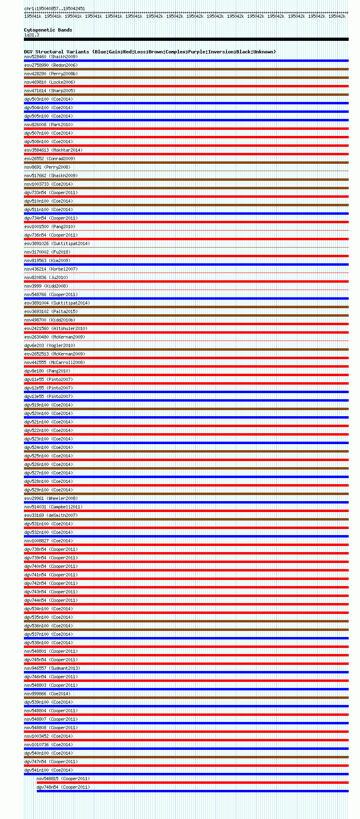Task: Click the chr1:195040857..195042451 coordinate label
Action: coord(55,8)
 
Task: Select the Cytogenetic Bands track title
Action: coord(48,30)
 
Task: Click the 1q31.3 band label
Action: coord(32,35)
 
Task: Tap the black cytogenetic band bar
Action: coord(186,39)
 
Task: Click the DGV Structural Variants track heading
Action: coord(150,52)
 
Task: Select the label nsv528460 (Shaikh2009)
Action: coord(51,57)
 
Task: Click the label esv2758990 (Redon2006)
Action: coord(51,65)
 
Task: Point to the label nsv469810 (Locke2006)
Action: coord(50,82)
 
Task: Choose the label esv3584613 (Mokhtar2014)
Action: coord(53,150)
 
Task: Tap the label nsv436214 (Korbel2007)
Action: coord(51,269)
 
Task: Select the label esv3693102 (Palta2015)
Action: coord(51,311)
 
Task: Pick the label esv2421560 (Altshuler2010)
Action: coord(56,328)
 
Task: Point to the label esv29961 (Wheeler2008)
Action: coord(51,498)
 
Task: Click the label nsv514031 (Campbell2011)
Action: coord(53,507)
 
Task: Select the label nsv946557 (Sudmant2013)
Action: coord(52,668)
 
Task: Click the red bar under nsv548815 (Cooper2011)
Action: coord(193,783)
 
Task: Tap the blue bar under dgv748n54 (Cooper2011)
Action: coord(193,791)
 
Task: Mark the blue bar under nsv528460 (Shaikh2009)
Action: coord(186,61)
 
